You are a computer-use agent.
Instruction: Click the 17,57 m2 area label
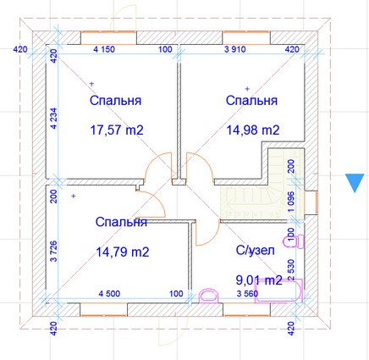click(117, 130)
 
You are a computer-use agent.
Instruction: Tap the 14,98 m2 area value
click(253, 130)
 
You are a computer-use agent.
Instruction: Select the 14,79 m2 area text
click(123, 252)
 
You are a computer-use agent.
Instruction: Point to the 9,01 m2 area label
click(259, 280)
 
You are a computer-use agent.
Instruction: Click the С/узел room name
click(255, 251)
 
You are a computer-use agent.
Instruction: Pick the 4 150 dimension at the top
click(104, 49)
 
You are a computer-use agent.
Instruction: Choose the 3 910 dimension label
click(235, 49)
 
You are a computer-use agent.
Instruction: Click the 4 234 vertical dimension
click(53, 119)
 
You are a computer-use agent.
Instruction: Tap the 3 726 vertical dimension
click(53, 251)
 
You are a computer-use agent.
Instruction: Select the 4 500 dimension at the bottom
click(109, 294)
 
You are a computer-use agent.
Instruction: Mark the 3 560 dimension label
click(247, 294)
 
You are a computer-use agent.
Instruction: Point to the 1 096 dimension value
click(291, 202)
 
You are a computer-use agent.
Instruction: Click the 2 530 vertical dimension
click(291, 270)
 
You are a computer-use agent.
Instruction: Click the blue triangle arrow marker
click(355, 180)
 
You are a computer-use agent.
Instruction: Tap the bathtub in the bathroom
click(278, 291)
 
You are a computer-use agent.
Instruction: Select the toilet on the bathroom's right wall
click(294, 241)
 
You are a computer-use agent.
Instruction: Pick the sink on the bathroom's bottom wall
click(209, 296)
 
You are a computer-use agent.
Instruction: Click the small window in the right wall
click(311, 202)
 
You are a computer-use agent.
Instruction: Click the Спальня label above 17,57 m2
click(115, 101)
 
